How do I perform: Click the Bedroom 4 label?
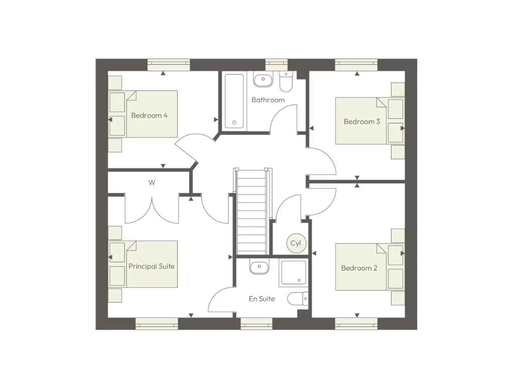pos(149,115)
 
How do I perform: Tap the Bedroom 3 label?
pos(361,121)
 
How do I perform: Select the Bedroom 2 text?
pos(359,268)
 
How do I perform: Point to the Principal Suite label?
pos(152,266)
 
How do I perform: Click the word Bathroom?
pos(268,100)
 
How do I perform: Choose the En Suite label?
pos(262,299)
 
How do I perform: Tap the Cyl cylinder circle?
pos(296,243)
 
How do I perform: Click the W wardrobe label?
pos(152,182)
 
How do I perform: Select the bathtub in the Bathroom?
pos(235,101)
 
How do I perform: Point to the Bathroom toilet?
pos(286,82)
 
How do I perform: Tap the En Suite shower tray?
pos(293,273)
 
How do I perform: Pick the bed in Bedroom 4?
pos(151,114)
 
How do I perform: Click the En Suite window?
pos(256,324)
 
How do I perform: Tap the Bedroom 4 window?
pos(169,65)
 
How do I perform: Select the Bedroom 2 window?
pos(356,324)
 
